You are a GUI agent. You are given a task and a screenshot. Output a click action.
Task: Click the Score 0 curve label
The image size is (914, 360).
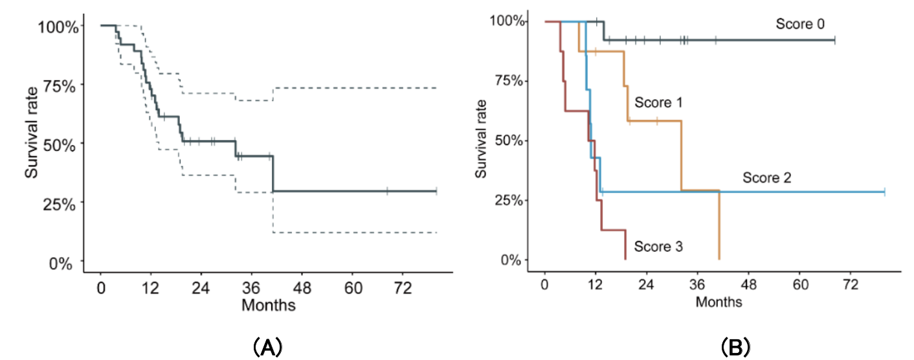[800, 24]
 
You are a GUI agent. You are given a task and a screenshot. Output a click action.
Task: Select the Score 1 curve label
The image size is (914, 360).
[659, 102]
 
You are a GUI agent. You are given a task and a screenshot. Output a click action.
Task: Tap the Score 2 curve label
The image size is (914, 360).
[767, 177]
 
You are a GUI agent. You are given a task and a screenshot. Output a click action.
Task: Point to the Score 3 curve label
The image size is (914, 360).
[658, 246]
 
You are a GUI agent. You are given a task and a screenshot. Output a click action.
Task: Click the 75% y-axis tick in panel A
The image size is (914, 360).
[61, 85]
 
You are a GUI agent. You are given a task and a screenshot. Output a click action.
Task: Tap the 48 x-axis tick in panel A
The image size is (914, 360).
[303, 287]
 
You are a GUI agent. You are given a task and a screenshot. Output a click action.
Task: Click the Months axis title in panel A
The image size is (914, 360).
[269, 304]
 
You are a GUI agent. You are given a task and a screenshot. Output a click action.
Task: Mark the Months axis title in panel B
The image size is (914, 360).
[719, 302]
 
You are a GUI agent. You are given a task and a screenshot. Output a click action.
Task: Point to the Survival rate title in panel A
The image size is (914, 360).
[31, 143]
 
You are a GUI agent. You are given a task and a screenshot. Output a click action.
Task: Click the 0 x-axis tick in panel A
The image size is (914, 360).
[101, 287]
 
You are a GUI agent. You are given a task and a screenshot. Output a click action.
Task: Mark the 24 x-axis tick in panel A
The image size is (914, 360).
[202, 287]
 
